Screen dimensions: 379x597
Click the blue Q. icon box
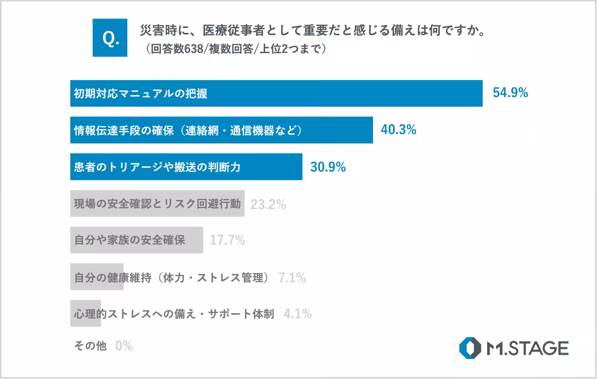pos(110,38)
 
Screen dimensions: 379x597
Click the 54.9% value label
pos(510,93)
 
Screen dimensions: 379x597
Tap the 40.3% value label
pos(398,130)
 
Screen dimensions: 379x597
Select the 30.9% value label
pos(328,167)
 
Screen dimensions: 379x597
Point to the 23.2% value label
pos(268,204)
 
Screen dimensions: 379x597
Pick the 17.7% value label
pos(227,240)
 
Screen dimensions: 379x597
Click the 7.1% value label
pos(292,278)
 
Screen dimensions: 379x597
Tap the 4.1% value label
pos(298,314)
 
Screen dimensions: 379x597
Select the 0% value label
pos(124,346)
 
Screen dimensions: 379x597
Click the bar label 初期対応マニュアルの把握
pos(140,94)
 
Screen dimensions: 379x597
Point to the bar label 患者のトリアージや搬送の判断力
pos(157,167)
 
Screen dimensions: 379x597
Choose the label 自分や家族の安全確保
pos(129,240)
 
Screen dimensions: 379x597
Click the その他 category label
pos(90,346)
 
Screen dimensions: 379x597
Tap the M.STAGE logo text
pos(528,348)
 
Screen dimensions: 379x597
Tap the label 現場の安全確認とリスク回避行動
pos(157,204)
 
